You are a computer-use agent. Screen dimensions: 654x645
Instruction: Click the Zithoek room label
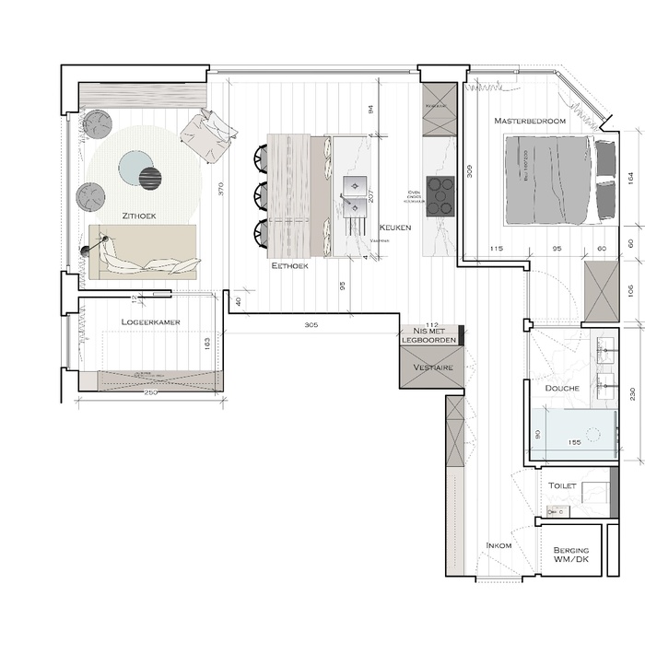click(x=137, y=215)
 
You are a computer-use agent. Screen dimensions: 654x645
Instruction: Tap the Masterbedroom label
click(x=529, y=121)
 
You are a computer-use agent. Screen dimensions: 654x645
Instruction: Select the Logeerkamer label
click(x=150, y=321)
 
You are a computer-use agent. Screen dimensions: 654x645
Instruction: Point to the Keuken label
click(x=393, y=227)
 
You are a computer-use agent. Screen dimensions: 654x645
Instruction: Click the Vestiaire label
click(x=430, y=367)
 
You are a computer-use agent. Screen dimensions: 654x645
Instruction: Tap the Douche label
click(x=561, y=389)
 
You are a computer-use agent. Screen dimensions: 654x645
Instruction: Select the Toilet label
click(x=562, y=485)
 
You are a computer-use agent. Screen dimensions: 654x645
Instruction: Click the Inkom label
click(x=498, y=546)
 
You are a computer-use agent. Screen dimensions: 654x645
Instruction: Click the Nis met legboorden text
click(x=429, y=334)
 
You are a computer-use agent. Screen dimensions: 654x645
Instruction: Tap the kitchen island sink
click(x=355, y=188)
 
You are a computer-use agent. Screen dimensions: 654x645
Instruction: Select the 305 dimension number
click(x=312, y=325)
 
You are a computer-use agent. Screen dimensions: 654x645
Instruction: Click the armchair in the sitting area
click(x=208, y=134)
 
